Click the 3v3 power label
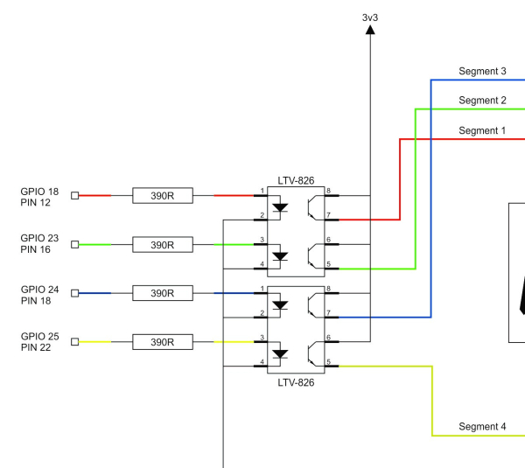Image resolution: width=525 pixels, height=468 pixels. tap(370, 17)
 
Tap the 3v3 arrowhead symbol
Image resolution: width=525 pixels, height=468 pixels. tap(370, 30)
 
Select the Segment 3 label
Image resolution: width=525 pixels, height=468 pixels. tap(482, 71)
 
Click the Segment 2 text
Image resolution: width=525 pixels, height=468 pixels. tap(482, 100)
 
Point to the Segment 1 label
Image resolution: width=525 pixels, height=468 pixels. tap(482, 130)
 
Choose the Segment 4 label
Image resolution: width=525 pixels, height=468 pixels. tap(482, 426)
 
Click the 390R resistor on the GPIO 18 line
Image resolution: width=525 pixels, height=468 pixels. tap(163, 195)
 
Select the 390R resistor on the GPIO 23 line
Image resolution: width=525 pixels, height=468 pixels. tap(163, 245)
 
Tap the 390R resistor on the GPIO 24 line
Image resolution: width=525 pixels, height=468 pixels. tap(163, 293)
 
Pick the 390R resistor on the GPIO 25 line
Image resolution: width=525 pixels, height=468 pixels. tap(163, 342)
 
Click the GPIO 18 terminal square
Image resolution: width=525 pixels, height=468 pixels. tap(75, 195)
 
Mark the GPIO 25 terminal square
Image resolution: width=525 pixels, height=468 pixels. tap(75, 342)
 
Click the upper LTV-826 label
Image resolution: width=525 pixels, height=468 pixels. tap(296, 180)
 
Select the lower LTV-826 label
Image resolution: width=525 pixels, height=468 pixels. tap(296, 382)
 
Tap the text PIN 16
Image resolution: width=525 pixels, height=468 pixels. tap(36, 249)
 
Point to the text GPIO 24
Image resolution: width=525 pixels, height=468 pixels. tap(40, 290)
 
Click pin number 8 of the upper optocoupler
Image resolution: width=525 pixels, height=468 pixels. tap(328, 191)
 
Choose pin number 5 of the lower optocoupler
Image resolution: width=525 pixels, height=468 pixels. tap(328, 361)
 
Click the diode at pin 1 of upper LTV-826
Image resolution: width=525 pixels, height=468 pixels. tap(280, 207)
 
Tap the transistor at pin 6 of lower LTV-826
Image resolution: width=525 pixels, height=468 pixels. tap(312, 353)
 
